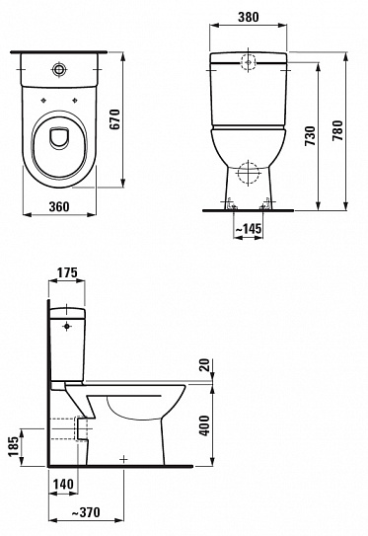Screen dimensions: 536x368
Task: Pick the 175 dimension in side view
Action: [66, 272]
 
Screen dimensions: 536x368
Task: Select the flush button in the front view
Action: [247, 60]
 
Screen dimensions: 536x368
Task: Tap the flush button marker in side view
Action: [68, 322]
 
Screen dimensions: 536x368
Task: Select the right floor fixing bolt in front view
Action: [263, 206]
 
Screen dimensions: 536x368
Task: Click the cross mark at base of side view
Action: [123, 459]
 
